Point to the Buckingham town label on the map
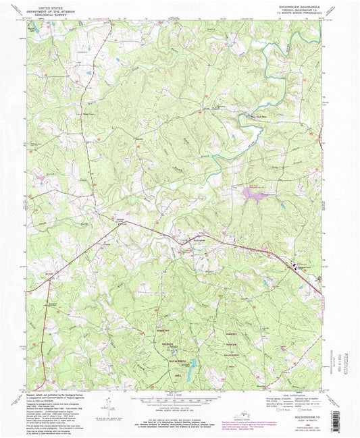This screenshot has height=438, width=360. [x=198, y=240]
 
